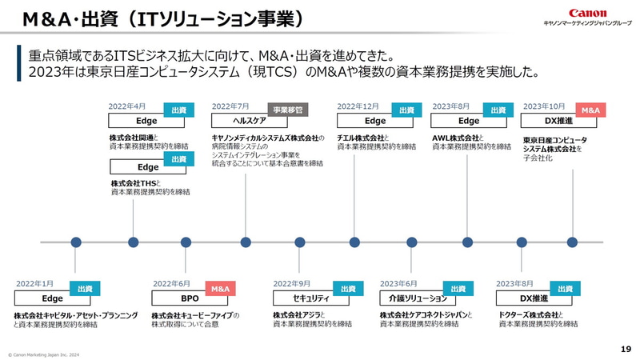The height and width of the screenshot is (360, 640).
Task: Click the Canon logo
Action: (x=587, y=14)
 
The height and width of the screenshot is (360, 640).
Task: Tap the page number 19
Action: (x=626, y=349)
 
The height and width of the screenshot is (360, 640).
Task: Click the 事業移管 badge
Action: (x=288, y=110)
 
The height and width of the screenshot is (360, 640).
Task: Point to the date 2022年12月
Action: (x=358, y=106)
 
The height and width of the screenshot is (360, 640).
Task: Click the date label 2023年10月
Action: (x=544, y=106)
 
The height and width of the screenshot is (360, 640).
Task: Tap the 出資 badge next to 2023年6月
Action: (x=458, y=288)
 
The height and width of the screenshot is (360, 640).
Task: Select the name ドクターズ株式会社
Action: (x=527, y=315)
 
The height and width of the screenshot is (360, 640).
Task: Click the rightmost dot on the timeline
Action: (x=572, y=242)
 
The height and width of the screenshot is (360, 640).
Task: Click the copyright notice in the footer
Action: (x=44, y=354)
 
